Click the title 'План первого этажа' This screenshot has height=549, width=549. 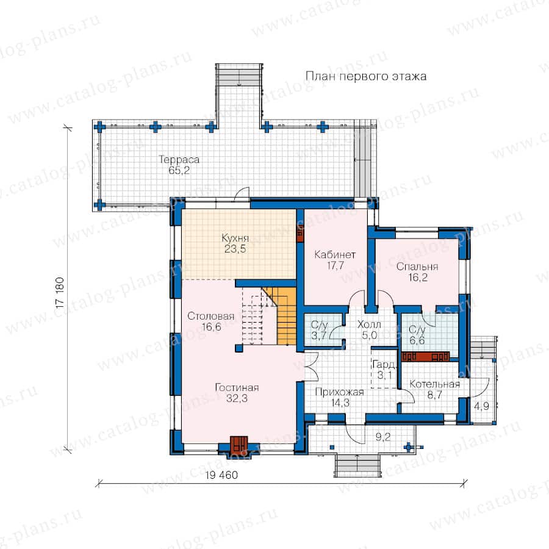point(366,76)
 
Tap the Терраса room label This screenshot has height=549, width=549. point(179,160)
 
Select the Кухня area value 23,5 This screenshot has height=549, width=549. point(235,249)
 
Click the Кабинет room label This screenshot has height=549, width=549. point(335,254)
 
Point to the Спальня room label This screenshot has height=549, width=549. point(417,267)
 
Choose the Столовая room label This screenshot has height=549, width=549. point(211,316)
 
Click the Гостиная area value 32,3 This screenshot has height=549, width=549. point(237,398)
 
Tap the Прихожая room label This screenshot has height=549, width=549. point(340,392)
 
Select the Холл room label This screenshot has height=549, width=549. point(369,325)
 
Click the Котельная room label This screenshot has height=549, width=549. point(434,384)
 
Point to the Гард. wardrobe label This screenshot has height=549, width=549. point(384,365)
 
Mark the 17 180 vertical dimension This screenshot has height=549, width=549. point(60,293)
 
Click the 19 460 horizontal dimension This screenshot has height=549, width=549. point(221,475)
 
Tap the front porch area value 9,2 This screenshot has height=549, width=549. point(382,437)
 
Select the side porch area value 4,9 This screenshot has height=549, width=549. point(481,406)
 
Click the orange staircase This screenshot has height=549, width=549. point(282,316)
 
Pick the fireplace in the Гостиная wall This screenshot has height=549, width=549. point(239,445)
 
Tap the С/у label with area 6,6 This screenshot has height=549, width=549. point(417,330)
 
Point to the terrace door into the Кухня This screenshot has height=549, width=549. point(242,193)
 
